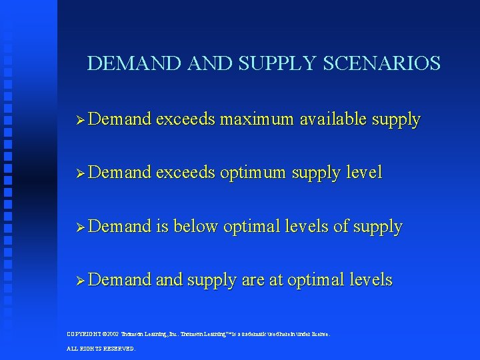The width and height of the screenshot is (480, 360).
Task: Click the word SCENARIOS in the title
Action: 381,64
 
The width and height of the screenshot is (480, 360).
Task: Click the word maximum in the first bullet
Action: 257,120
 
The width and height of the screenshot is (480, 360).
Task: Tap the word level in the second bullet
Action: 365,173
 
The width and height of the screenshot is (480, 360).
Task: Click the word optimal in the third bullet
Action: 252,227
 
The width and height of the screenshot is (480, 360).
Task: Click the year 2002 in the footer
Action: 113,333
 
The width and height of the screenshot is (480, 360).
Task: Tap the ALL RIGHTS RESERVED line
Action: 101,348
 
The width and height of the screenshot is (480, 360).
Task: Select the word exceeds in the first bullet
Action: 185,120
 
